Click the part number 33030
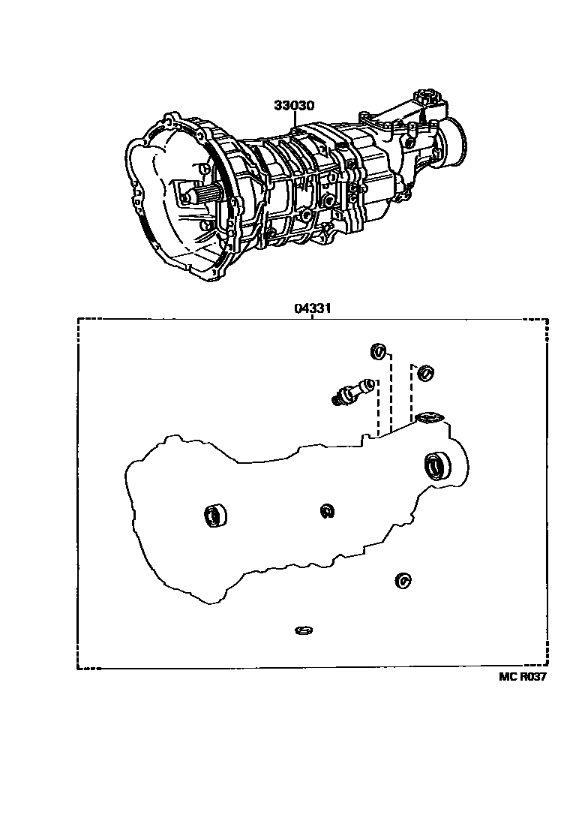[293, 106]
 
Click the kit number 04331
[313, 308]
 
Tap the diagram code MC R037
[523, 676]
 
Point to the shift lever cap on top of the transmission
[428, 96]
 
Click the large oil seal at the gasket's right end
[436, 466]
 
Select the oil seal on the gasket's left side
[214, 515]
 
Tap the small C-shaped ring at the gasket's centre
[326, 511]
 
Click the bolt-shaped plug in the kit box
[349, 391]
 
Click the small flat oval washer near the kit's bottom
[304, 628]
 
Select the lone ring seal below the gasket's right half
[403, 579]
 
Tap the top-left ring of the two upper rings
[379, 350]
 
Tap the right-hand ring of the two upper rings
[427, 371]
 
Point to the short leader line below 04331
[313, 316]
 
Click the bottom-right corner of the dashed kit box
[547, 667]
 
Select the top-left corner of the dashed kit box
[79, 320]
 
